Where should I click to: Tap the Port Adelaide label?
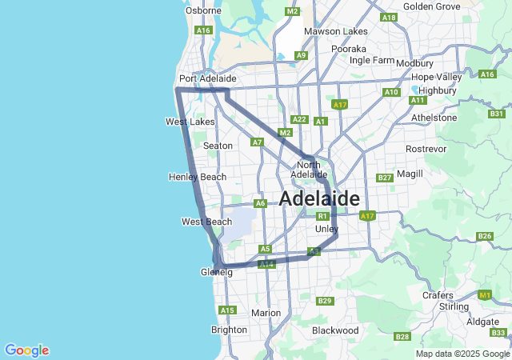pos(207,78)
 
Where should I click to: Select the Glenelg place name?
pos(216,272)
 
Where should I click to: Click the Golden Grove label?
pos(432,6)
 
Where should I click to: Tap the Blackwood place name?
pos(335,330)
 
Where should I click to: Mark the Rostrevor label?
pos(426,149)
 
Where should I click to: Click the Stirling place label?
pos(454,306)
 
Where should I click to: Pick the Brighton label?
pos(229,330)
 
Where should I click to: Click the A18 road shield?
pos(390,17)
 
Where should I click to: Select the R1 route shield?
pos(322,216)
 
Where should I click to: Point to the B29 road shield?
pos(324,301)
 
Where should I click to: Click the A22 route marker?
pos(299,119)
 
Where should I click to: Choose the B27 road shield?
pos(385,178)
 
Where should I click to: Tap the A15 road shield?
pos(228,310)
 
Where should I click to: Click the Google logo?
pos(26,350)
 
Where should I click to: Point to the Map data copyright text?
pos(462,354)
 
